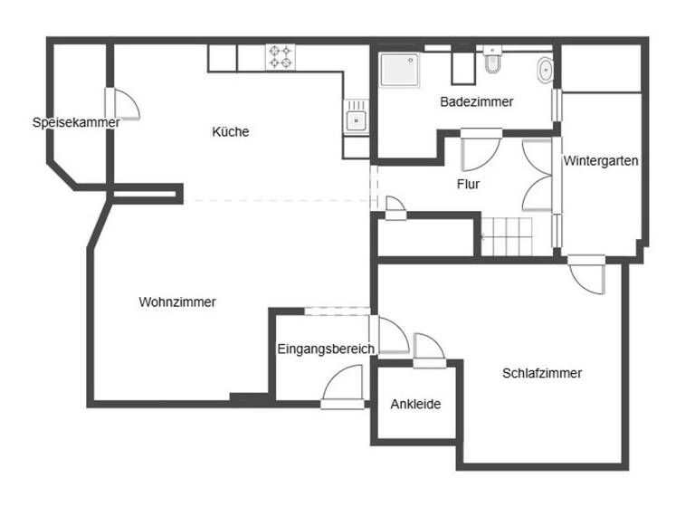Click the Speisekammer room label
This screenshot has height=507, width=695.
(76, 122)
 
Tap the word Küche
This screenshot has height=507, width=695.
(230, 132)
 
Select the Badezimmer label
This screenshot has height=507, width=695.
(477, 102)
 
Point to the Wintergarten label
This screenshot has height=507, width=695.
(601, 162)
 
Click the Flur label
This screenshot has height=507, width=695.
(468, 185)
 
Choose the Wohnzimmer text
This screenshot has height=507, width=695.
(177, 302)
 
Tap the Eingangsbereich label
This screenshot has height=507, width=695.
(326, 349)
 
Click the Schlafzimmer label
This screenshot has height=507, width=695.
(542, 373)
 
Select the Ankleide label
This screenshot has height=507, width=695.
(415, 404)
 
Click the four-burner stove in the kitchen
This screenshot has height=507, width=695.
(281, 58)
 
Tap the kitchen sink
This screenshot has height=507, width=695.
(357, 119)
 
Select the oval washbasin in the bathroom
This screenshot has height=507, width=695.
(547, 70)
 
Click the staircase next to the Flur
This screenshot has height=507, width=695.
(514, 236)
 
